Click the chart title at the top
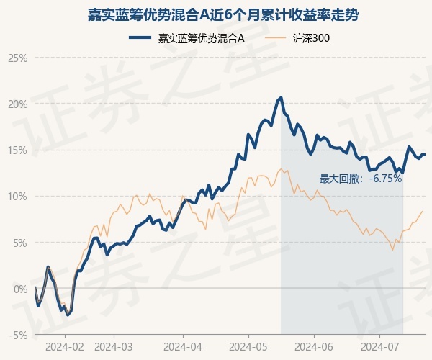point(223,14)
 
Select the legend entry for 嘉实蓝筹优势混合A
point(186,38)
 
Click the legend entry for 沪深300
point(297,38)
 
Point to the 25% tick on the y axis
point(17,58)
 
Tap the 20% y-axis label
point(17,104)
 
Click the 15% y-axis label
point(17,150)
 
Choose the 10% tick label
point(17,197)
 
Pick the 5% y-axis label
point(20,243)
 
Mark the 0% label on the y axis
point(20,289)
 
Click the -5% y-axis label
point(18,336)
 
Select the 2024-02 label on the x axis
point(65,347)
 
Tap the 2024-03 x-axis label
point(114,347)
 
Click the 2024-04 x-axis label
point(183,347)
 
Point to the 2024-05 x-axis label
point(248,347)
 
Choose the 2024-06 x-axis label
point(314,347)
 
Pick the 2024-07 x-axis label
point(379,347)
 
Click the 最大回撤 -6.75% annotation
point(361,179)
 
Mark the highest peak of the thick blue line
point(281,97)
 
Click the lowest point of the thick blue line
point(68,315)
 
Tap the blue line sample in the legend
point(140,38)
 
